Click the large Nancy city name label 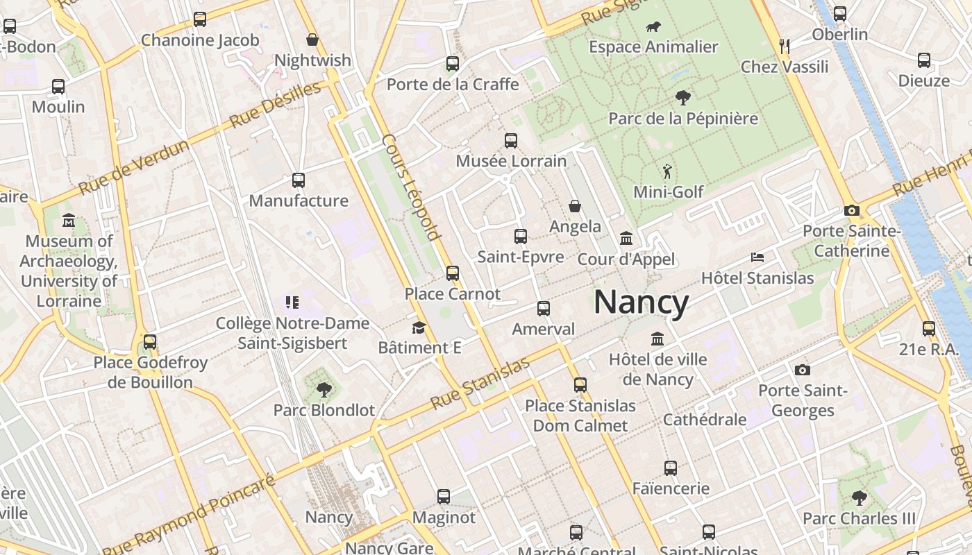641,302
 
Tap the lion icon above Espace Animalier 653,28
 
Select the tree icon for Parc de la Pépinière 683,98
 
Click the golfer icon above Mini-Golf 667,171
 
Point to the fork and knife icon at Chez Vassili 785,46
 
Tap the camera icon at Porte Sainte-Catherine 852,211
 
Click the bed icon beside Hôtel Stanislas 757,257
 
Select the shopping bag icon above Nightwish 312,40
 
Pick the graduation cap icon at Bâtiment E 419,327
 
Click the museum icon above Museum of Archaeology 69,221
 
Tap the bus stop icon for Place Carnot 453,273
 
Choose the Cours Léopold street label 412,187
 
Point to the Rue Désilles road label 275,105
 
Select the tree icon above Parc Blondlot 324,389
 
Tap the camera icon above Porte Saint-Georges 803,370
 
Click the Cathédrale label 705,420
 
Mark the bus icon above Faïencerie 670,468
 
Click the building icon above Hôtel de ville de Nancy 657,339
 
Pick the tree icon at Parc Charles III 860,497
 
